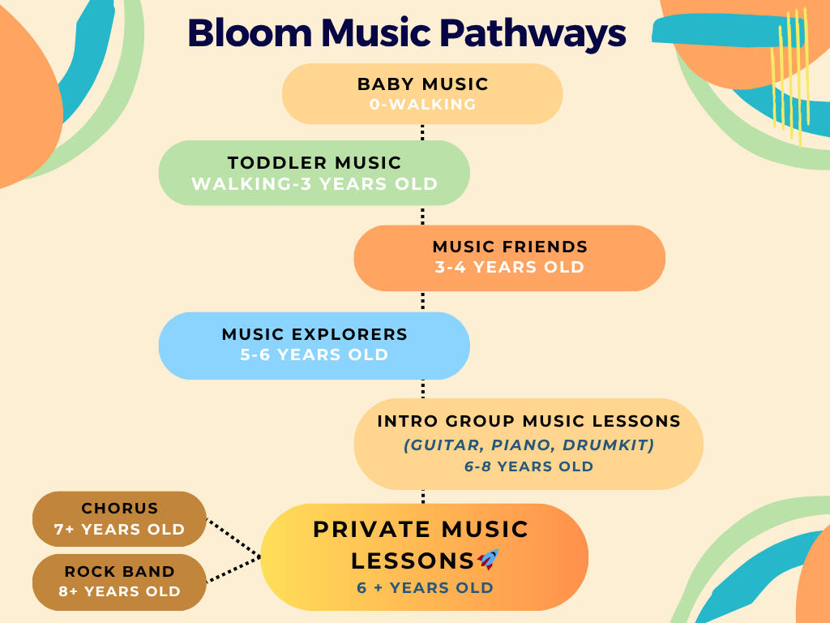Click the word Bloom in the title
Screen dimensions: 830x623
250,32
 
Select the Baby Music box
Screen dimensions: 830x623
422,94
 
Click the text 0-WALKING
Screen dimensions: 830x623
422,105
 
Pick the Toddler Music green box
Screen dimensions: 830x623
314,173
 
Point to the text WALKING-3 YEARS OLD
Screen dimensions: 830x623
314,184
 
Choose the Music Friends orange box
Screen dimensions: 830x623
510,258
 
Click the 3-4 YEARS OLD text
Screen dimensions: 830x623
510,267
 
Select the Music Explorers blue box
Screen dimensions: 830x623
314,346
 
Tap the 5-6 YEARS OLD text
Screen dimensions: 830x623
314,354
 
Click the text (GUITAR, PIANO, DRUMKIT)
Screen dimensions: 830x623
528,445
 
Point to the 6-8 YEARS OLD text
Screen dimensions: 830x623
528,466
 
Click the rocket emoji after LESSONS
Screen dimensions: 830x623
488,560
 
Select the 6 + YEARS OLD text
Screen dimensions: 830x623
425,587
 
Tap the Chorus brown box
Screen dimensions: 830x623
119,518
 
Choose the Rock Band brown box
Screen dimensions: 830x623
119,582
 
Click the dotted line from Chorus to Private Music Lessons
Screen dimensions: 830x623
233,538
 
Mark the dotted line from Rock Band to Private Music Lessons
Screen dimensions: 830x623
233,569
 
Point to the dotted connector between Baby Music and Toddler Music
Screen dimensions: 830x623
422,132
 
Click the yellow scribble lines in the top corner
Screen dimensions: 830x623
790,77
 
